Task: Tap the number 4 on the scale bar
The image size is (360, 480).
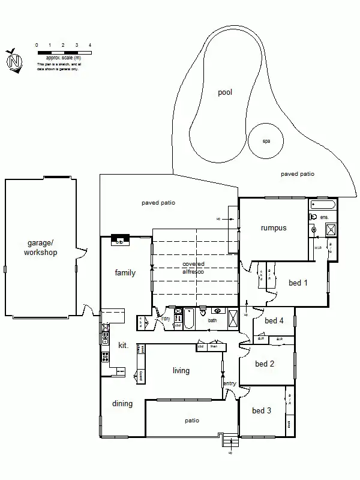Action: (x=90, y=45)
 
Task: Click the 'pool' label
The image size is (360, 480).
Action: (x=225, y=92)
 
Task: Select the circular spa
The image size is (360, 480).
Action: (x=266, y=141)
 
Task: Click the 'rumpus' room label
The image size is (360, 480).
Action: (x=274, y=228)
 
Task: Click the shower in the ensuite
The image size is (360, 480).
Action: (x=330, y=229)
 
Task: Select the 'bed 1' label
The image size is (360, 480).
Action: (x=298, y=283)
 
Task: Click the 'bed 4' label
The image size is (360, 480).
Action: (x=274, y=321)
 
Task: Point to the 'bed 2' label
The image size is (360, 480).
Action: (x=265, y=364)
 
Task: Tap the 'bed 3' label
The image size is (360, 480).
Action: (x=262, y=411)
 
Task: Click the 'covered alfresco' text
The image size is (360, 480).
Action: (x=193, y=268)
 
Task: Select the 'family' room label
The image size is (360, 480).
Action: (x=125, y=273)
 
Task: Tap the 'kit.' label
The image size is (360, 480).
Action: (x=123, y=346)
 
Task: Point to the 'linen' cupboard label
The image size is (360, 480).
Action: (x=214, y=346)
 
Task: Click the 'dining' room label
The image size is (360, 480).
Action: (x=122, y=404)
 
